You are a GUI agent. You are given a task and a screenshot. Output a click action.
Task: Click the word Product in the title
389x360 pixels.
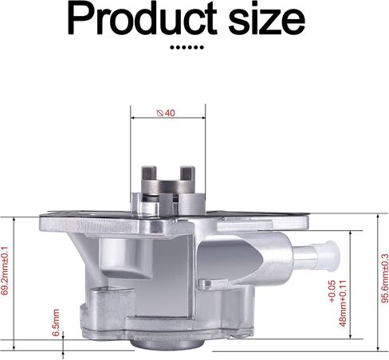coord(143,18)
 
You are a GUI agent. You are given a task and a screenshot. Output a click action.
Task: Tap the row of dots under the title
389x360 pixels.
coord(187,48)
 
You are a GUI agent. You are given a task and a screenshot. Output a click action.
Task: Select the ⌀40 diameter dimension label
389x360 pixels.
coord(166,113)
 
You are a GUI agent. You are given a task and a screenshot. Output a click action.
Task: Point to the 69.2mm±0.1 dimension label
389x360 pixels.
coord(5,271)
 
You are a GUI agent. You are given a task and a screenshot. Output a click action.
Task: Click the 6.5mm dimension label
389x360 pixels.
coord(56,323)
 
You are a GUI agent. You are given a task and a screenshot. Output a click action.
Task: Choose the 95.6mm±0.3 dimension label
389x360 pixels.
coord(385,278)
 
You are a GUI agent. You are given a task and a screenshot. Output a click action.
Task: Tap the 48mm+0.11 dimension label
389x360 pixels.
coord(343,303)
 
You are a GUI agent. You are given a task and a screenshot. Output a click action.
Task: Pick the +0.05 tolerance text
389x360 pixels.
coord(332,291)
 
